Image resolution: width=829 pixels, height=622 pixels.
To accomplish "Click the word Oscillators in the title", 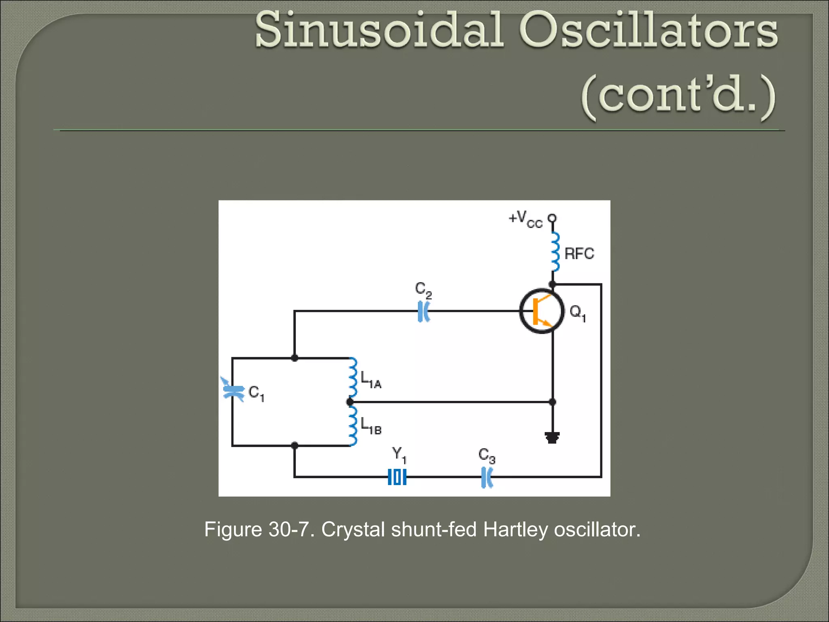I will pyautogui.click(x=648, y=31).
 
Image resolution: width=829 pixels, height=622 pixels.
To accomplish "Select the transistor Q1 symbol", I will pyautogui.click(x=542, y=311).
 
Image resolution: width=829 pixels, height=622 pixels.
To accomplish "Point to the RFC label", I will pyautogui.click(x=579, y=254).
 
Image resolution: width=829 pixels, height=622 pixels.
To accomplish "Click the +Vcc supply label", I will pyautogui.click(x=525, y=219).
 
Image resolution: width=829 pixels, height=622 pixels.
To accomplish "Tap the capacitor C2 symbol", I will pyautogui.click(x=423, y=311).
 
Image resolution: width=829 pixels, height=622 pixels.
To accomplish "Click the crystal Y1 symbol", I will pyautogui.click(x=397, y=477).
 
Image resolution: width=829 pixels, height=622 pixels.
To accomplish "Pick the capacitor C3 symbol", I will pyautogui.click(x=487, y=477).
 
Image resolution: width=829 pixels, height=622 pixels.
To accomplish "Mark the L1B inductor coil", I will pyautogui.click(x=353, y=425).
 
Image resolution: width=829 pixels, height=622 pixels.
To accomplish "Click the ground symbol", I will pyautogui.click(x=552, y=438).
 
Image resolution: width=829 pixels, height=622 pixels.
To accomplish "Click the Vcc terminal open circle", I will pyautogui.click(x=552, y=218).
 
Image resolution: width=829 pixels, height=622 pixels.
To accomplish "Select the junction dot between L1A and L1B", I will pyautogui.click(x=350, y=402).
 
